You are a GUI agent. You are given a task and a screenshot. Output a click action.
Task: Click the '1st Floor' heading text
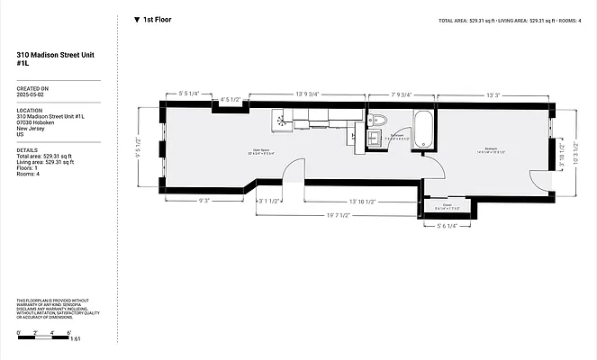(158, 19)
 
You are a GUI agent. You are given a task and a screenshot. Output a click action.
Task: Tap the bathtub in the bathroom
(423, 131)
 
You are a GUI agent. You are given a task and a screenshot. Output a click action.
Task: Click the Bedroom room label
(492, 148)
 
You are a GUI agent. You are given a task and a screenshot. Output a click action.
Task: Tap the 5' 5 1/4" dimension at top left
(188, 94)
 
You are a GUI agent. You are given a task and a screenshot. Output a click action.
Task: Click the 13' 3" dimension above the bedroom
(493, 94)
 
